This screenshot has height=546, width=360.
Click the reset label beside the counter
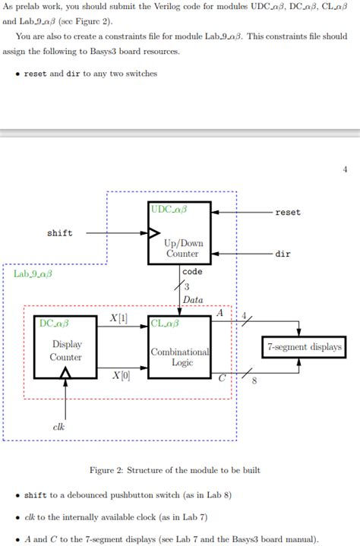click(x=288, y=212)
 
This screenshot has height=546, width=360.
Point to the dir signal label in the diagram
click(x=283, y=254)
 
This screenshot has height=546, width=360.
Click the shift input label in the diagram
click(x=60, y=233)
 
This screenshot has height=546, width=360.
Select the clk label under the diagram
click(x=58, y=427)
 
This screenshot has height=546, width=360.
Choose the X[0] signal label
click(x=121, y=375)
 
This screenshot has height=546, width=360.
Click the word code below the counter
click(x=192, y=271)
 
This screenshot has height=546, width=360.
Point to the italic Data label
click(x=192, y=300)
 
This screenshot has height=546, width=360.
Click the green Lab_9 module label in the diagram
click(x=33, y=272)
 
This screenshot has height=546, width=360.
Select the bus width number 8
click(x=254, y=381)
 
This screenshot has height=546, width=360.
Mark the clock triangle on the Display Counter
click(x=66, y=372)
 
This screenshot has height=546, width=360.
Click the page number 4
click(x=344, y=169)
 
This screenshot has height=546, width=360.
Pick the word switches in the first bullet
click(x=142, y=74)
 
